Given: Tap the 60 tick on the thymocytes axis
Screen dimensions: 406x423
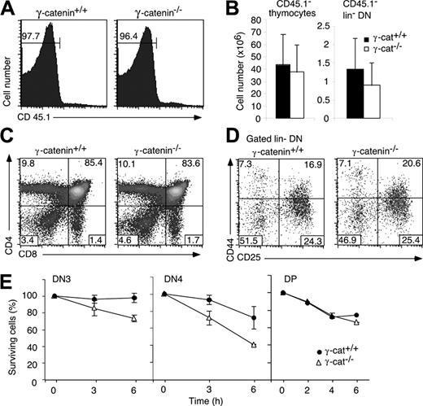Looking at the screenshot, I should pyautogui.click(x=242, y=46).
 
